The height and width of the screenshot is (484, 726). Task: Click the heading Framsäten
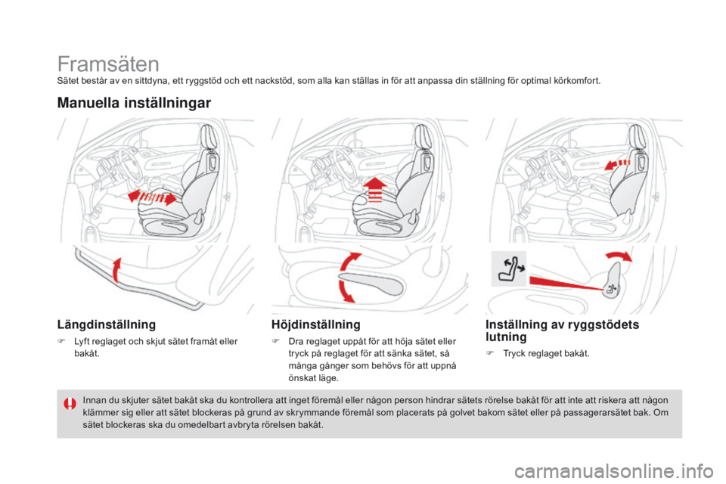107,64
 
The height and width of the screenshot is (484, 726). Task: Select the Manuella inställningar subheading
134,102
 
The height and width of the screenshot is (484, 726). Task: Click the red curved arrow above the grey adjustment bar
115,268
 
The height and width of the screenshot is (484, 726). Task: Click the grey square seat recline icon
508,267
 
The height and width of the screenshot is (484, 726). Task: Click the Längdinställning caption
107,324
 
